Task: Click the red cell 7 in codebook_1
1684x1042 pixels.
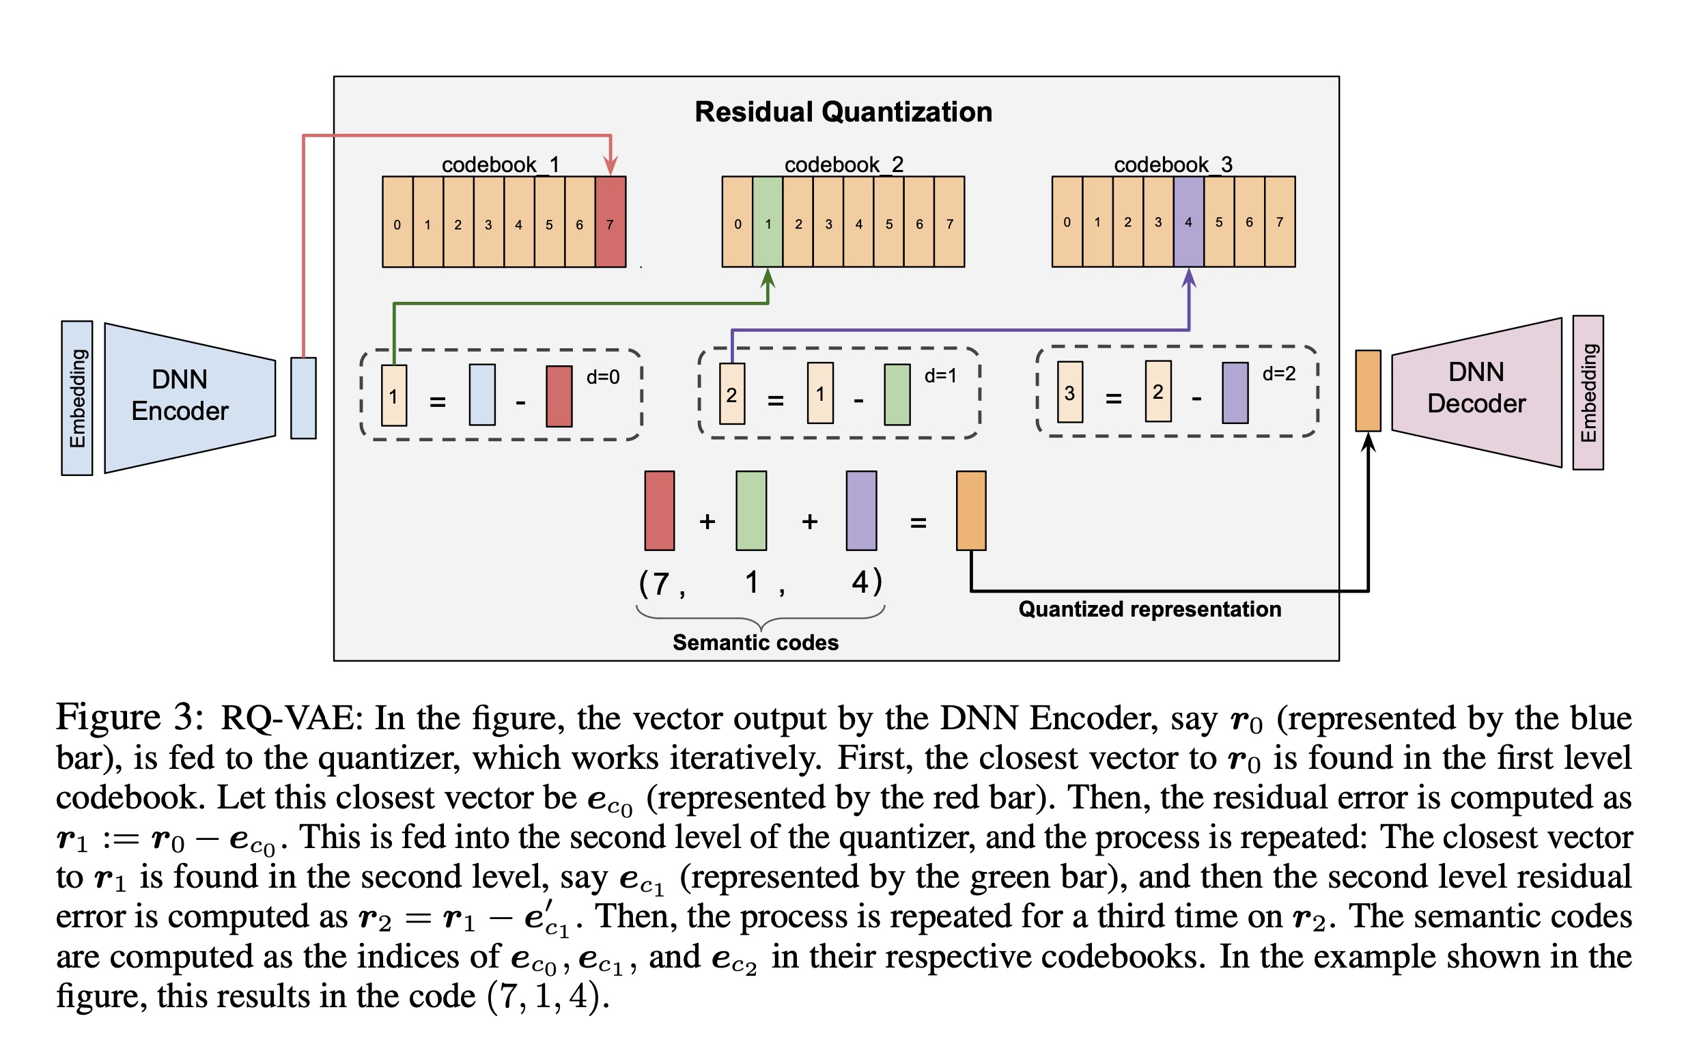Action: [610, 222]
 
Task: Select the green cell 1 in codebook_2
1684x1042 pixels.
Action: [768, 222]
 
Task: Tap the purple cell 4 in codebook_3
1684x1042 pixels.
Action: [1188, 222]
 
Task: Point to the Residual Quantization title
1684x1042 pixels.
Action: [843, 112]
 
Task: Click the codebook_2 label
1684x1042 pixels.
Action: [843, 165]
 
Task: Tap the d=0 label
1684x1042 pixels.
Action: [602, 377]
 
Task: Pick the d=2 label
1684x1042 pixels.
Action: [1278, 374]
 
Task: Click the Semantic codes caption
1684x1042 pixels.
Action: [755, 643]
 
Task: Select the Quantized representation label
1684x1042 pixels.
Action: [1149, 609]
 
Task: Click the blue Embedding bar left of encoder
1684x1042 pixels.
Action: [77, 397]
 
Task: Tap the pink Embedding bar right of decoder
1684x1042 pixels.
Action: [1588, 393]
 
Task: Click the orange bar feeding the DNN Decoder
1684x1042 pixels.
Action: [1368, 391]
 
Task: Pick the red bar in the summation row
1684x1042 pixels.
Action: [660, 511]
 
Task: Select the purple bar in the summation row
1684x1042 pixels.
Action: [861, 511]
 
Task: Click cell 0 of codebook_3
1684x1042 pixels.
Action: [1067, 222]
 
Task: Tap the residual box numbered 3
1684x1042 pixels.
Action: [1069, 392]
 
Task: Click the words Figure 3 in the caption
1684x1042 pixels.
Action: [130, 718]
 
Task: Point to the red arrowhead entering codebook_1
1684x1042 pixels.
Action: [611, 166]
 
